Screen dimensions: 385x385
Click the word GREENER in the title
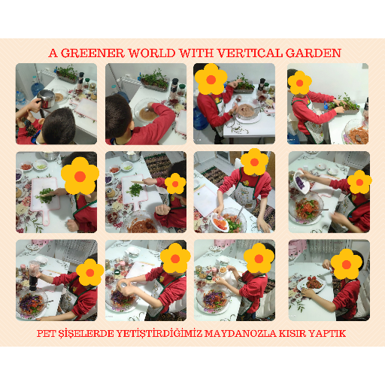coord(92,53)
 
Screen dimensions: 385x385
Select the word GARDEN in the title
coord(314,53)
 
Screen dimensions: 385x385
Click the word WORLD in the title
coord(152,53)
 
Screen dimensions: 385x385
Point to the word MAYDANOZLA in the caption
coord(240,334)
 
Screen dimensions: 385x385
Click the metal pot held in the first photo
coord(46,99)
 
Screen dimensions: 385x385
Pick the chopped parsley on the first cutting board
coord(46,196)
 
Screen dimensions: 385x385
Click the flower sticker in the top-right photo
coord(300,83)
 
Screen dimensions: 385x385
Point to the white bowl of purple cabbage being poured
coord(302,183)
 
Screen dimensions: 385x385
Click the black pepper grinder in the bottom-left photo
coord(34,276)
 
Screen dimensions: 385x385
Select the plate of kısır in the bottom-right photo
coord(311,285)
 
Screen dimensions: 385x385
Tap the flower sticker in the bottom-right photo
coord(347,265)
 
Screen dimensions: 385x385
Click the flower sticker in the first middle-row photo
coord(80,176)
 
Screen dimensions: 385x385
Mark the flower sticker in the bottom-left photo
coord(90,272)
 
